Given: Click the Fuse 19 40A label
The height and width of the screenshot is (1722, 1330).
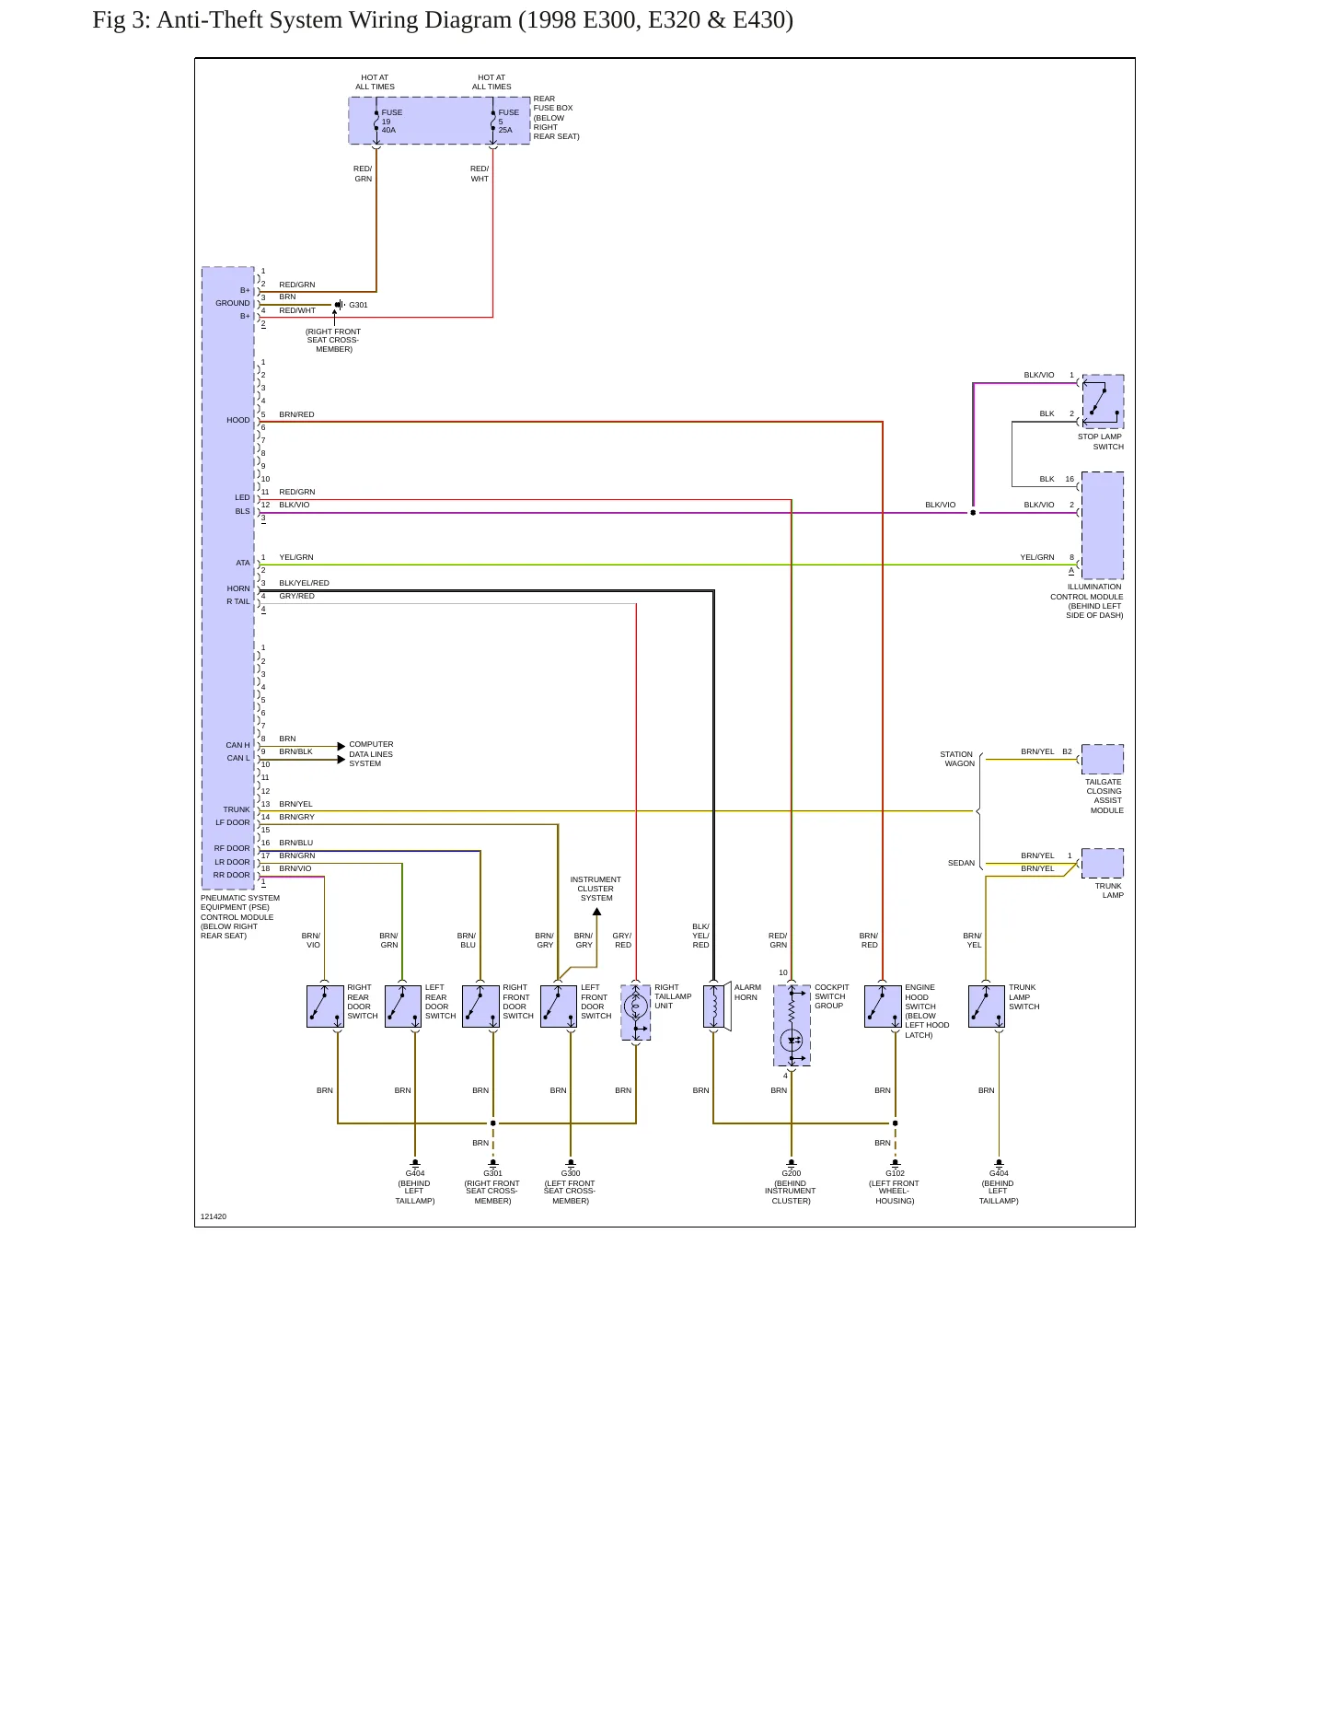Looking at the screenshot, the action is [x=392, y=122].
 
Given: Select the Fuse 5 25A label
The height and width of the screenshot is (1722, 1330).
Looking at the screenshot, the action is [x=509, y=122].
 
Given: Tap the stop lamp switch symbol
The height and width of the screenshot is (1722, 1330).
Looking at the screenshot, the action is [x=1103, y=401].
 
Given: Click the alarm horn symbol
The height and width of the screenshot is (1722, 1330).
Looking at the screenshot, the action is [x=717, y=1006].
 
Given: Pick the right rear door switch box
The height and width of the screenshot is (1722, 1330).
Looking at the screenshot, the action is [x=325, y=1006].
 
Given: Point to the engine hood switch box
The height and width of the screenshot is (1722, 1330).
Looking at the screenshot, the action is [x=883, y=1006].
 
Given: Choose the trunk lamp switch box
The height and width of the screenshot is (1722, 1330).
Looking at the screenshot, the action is [x=987, y=1006].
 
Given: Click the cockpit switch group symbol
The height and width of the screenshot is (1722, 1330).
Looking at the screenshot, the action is [x=792, y=1025].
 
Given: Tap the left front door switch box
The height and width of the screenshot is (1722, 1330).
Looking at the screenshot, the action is [x=559, y=1006].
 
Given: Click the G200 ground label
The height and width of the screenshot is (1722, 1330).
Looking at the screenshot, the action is [x=792, y=1173].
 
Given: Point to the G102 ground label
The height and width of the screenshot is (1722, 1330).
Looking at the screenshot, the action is [x=895, y=1173].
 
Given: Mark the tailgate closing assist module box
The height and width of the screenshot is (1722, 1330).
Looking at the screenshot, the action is [x=1103, y=760].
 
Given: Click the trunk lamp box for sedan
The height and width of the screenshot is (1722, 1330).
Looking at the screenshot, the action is [x=1103, y=864].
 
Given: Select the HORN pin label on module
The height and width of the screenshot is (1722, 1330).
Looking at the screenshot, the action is [x=238, y=588].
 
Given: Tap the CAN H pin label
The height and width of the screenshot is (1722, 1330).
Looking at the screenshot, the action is [x=237, y=745].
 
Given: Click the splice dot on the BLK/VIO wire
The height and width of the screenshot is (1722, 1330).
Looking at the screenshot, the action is [x=973, y=513].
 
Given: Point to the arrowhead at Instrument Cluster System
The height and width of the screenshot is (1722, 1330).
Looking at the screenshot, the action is [x=596, y=912].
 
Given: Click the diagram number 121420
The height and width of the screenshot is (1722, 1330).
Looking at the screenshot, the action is [x=214, y=1216].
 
